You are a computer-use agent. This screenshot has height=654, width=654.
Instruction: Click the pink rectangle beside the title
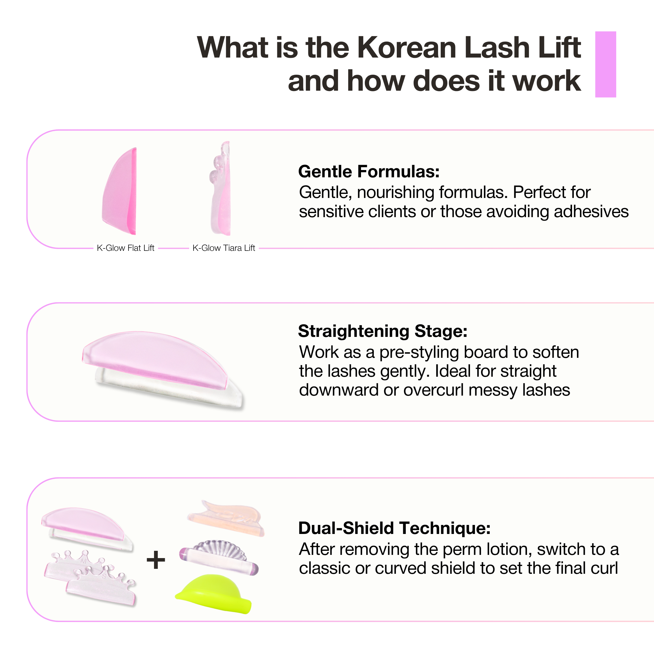pos(605,64)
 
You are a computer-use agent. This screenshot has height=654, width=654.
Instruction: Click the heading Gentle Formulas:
pos(369,171)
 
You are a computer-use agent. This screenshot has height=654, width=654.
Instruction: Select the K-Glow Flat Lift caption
pos(126,248)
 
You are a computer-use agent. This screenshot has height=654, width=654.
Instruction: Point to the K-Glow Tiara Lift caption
pos(224,248)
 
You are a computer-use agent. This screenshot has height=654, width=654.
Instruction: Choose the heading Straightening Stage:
pos(383,331)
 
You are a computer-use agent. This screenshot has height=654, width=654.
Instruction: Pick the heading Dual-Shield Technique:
pos(394,528)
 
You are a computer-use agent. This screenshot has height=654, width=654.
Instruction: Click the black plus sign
pos(156,560)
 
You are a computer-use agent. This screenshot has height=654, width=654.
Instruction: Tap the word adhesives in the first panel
pos(591,212)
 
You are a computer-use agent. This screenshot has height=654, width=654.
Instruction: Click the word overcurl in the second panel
pos(433,390)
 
